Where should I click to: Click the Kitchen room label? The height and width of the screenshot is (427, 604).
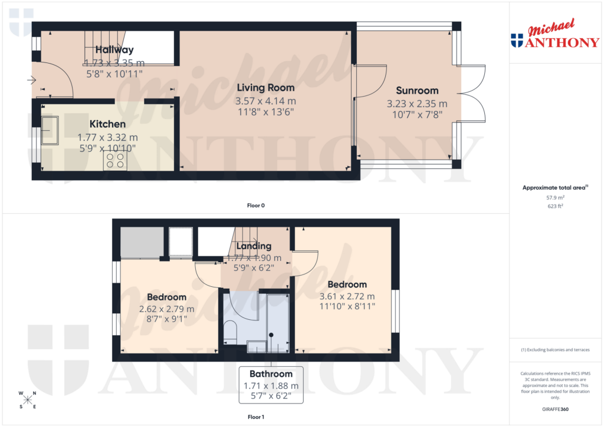click(107, 124)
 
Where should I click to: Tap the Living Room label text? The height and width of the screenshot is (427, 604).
click(265, 88)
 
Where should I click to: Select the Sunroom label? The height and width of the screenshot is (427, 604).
click(417, 91)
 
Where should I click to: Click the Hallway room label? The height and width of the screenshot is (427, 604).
click(114, 50)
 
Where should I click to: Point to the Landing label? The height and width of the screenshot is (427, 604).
click(254, 246)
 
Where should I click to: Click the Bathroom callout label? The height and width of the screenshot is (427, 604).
click(271, 374)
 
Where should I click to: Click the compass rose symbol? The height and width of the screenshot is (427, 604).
click(28, 400)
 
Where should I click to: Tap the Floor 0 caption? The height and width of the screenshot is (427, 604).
click(255, 206)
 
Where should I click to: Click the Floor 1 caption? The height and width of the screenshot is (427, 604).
click(255, 417)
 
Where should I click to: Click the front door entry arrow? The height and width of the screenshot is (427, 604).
click(31, 80)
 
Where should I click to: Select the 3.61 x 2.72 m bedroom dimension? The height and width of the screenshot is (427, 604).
click(347, 296)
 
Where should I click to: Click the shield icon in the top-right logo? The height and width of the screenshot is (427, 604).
click(517, 41)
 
